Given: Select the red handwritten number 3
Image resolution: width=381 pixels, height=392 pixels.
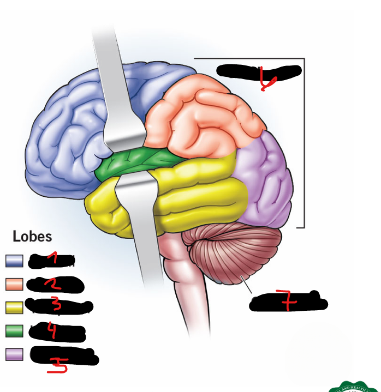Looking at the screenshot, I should pos(57,306).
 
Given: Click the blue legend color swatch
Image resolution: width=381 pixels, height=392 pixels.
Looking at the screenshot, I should pos(14,261).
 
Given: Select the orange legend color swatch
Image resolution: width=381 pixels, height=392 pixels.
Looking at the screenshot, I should pos(14,284).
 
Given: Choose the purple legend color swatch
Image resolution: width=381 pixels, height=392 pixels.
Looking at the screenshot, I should pos(14,354).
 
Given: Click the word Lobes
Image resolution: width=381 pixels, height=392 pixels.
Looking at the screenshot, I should pos(32,237).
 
